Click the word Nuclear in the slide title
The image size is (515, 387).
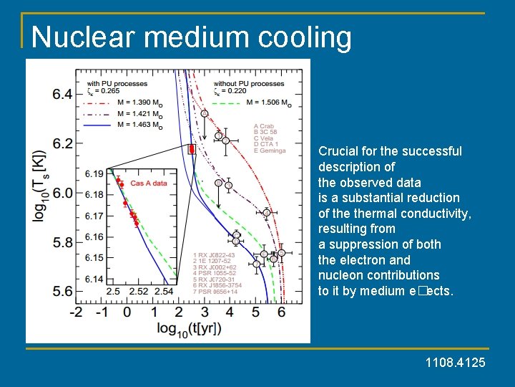[x=78, y=37]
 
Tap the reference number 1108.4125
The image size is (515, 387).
[x=455, y=363]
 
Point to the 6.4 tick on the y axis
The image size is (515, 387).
[x=62, y=94]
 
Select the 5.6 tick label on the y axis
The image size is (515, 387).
[x=62, y=291]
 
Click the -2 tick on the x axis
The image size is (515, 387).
[x=76, y=312]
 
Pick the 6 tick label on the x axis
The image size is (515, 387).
[x=281, y=312]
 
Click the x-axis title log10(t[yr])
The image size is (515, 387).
[x=179, y=329]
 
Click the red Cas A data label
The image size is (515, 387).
[x=148, y=183]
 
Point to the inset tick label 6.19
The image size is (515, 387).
[x=94, y=173]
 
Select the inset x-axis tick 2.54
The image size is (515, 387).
[x=163, y=292]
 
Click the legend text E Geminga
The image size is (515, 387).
[x=270, y=150]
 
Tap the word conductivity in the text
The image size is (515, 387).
[x=437, y=213]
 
